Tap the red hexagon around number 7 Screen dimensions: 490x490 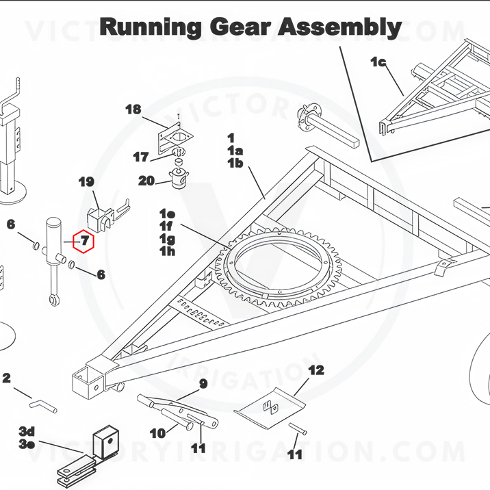coord(84,240)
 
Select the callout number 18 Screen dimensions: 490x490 coord(133,109)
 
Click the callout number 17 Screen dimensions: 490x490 coord(141,157)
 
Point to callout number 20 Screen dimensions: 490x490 coord(146,181)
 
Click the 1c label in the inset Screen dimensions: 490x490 coord(378,62)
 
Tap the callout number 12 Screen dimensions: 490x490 coord(315,371)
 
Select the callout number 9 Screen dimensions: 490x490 coord(203,383)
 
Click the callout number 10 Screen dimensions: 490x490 coord(157,433)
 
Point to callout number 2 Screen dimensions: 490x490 coord(7,378)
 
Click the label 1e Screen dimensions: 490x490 coord(167,214)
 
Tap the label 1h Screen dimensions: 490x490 coord(167,251)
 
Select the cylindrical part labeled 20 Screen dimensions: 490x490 coord(180,179)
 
